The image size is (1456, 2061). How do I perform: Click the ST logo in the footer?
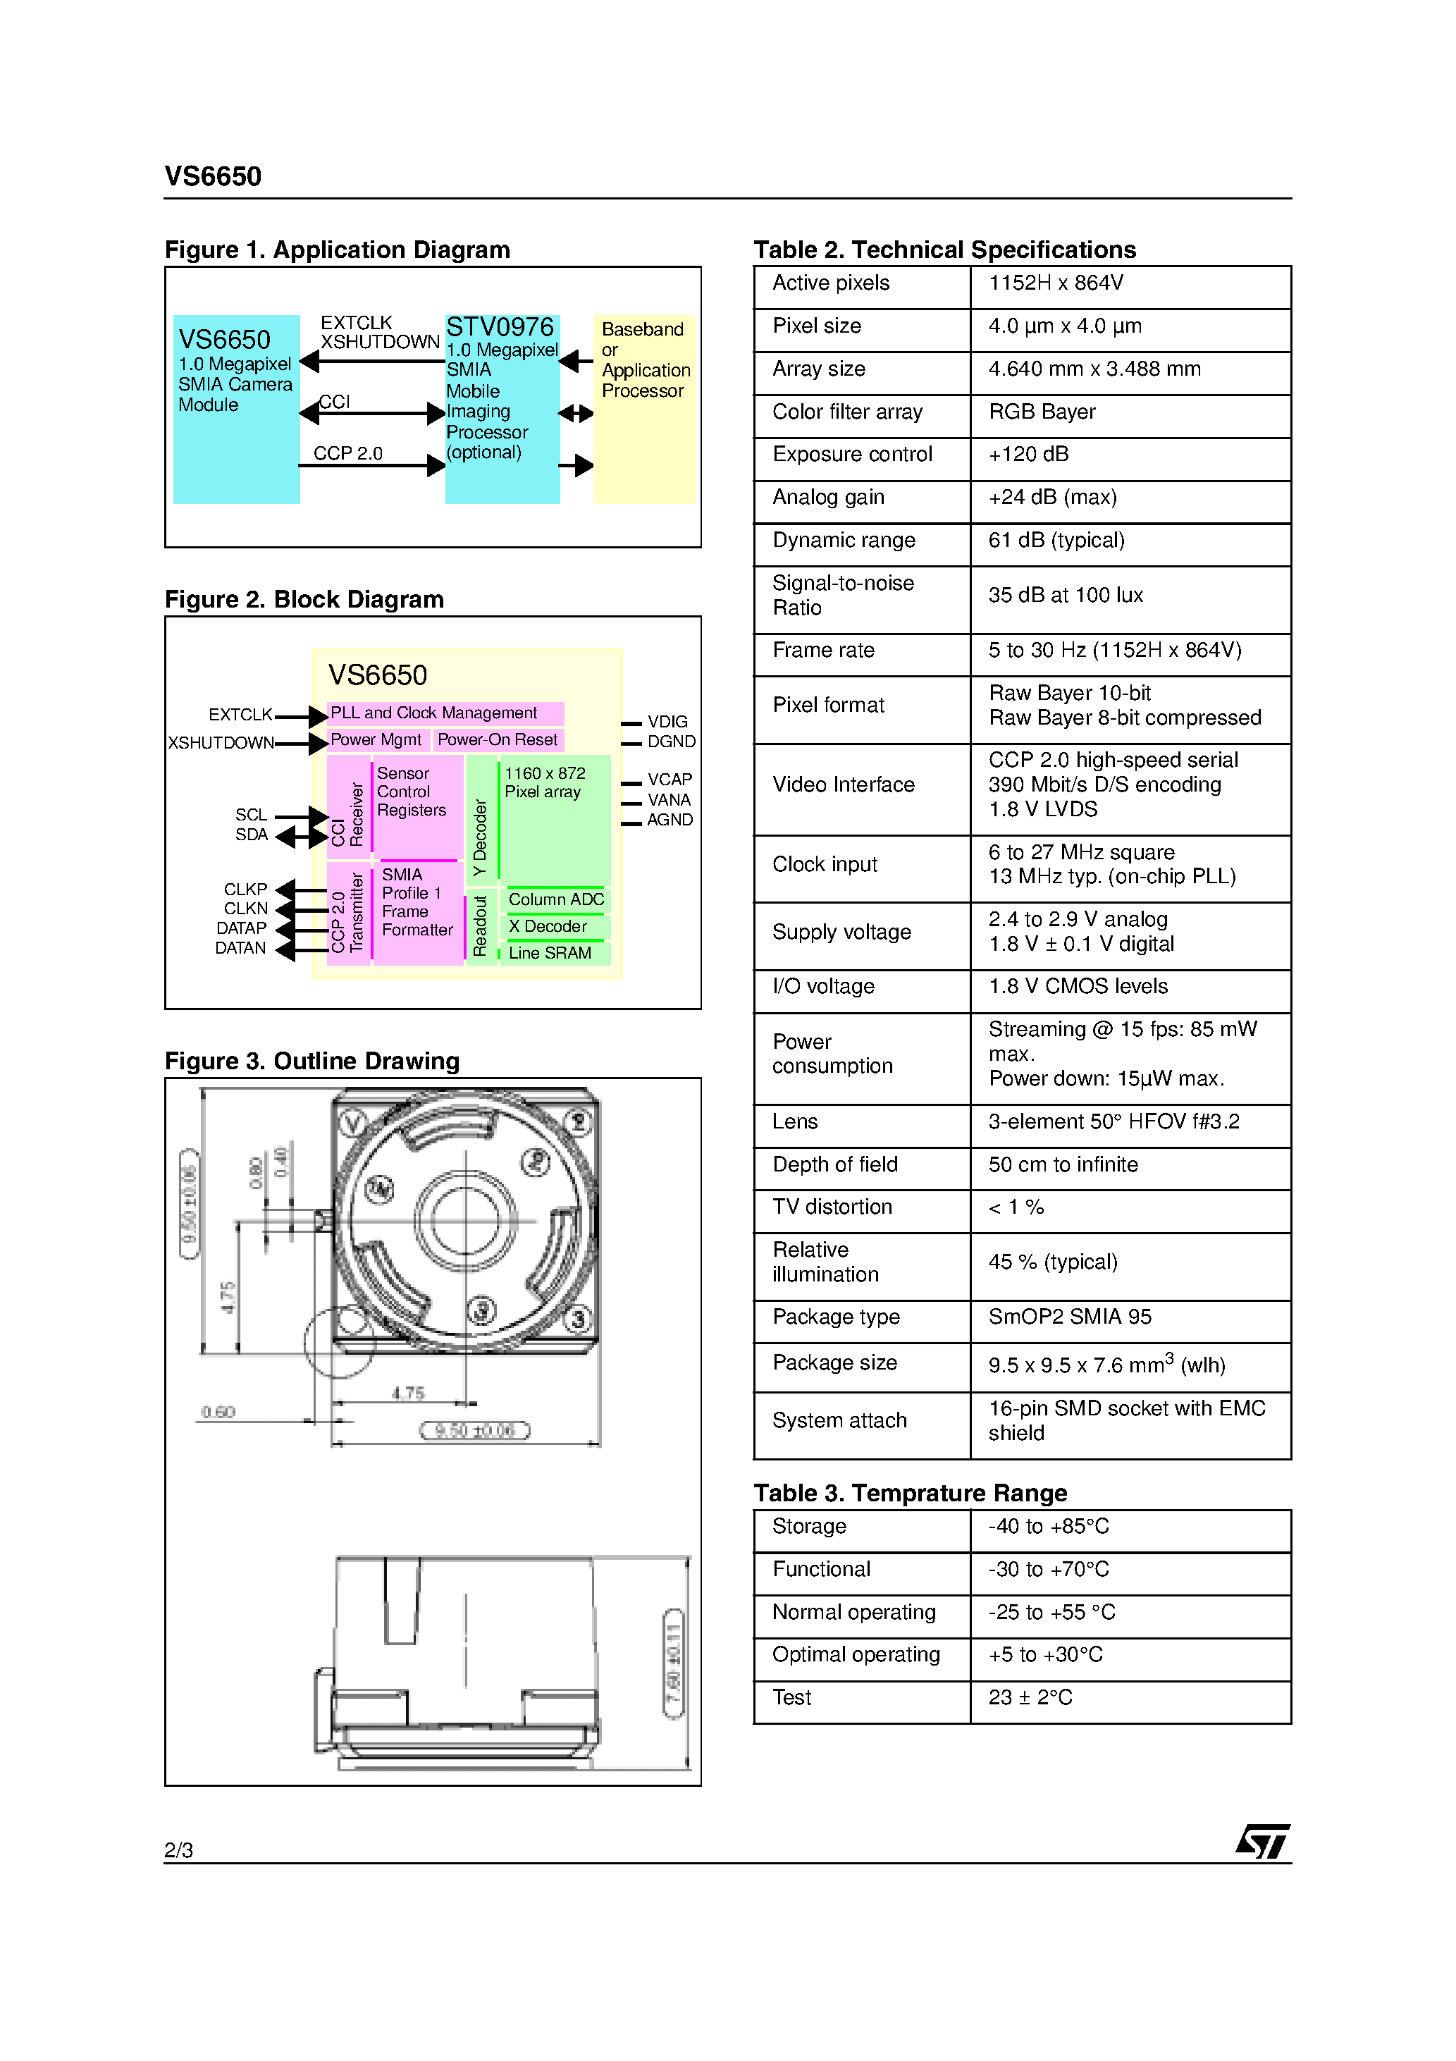point(1262,1841)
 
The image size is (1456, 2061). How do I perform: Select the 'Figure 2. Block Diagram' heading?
point(304,600)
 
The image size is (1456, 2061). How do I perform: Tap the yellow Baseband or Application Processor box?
point(643,410)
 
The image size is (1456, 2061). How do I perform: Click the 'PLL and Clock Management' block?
point(444,713)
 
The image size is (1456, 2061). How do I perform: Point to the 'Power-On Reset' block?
point(498,739)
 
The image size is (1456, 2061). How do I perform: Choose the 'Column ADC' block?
point(555,899)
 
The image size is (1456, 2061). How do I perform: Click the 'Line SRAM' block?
point(550,953)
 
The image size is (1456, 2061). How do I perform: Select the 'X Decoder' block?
point(548,926)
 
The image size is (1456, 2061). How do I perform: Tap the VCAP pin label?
point(670,779)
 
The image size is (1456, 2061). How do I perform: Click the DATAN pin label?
point(240,948)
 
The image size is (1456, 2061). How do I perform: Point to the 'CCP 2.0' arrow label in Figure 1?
point(347,454)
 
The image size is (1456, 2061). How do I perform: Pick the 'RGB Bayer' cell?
point(1042,412)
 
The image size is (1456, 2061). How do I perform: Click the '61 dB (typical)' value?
point(1056,541)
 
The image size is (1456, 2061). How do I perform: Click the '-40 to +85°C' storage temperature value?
point(1049,1527)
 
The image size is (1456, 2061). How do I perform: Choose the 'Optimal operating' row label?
point(856,1655)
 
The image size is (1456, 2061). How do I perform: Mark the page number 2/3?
point(178,1850)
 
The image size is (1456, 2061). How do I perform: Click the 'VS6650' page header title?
point(213,177)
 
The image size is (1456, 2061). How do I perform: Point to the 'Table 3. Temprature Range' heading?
point(911,1494)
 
